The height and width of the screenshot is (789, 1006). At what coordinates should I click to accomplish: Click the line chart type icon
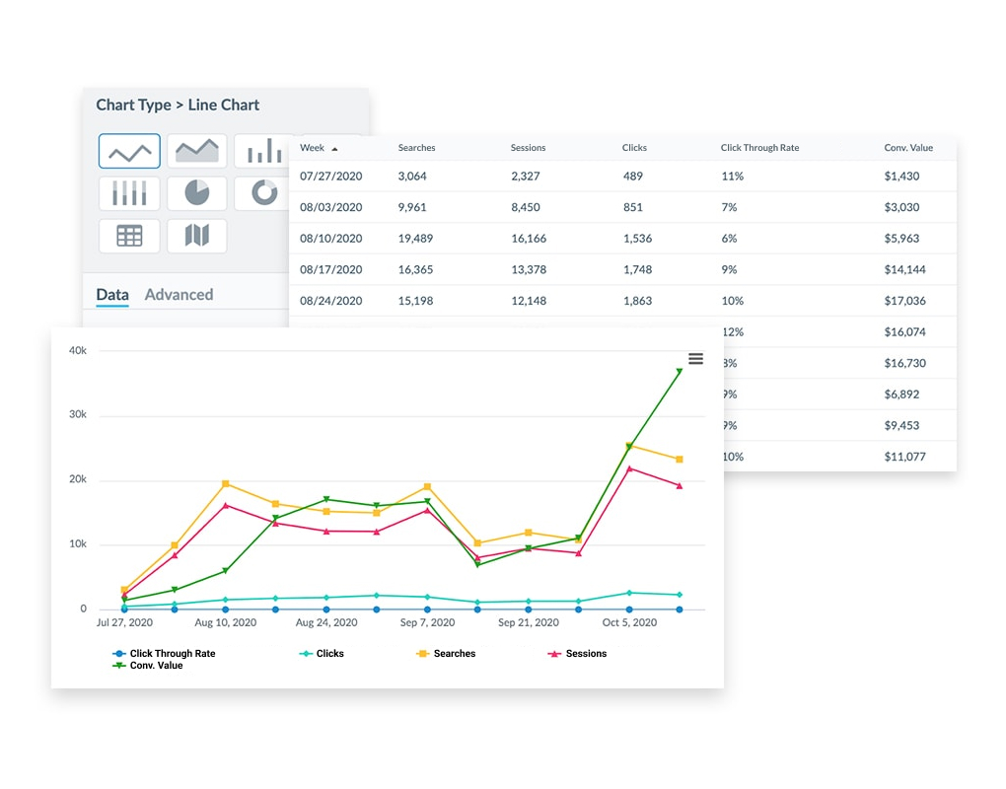coord(129,151)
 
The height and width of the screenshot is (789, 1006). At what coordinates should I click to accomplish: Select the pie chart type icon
coord(197,193)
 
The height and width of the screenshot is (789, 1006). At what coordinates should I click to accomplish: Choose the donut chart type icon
coord(264,193)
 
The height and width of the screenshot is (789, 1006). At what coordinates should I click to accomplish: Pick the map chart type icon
coord(197,236)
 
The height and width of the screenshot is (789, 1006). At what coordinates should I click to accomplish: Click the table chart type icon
coord(129,236)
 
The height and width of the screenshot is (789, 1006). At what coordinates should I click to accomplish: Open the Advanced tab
coord(179,294)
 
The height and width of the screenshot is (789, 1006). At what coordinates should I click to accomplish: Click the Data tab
coord(112,294)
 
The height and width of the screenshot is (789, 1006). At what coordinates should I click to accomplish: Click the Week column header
coord(313,148)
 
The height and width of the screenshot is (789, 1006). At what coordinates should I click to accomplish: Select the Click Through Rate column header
coord(759,148)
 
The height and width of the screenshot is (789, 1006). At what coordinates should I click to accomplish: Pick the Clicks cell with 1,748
coord(637,269)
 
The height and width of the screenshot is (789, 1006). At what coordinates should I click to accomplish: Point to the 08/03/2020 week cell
coord(331,207)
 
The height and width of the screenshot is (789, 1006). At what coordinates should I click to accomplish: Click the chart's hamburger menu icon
coord(695,359)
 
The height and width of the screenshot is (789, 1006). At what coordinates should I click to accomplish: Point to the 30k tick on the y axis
coord(77,415)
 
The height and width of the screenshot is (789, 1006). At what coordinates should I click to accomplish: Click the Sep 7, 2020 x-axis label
coord(426,623)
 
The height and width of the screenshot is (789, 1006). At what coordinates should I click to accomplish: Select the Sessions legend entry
coord(586,654)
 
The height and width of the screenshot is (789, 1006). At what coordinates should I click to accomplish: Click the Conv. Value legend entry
coord(156,666)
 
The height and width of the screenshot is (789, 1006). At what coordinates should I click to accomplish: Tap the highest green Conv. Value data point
coord(680,372)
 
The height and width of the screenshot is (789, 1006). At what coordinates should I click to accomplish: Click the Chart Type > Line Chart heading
coord(178,105)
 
